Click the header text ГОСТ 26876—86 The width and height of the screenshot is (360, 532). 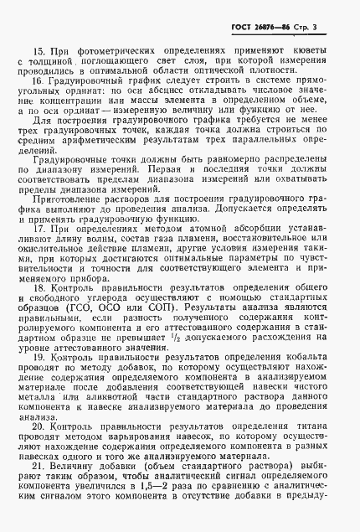pyautogui.click(x=267, y=28)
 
